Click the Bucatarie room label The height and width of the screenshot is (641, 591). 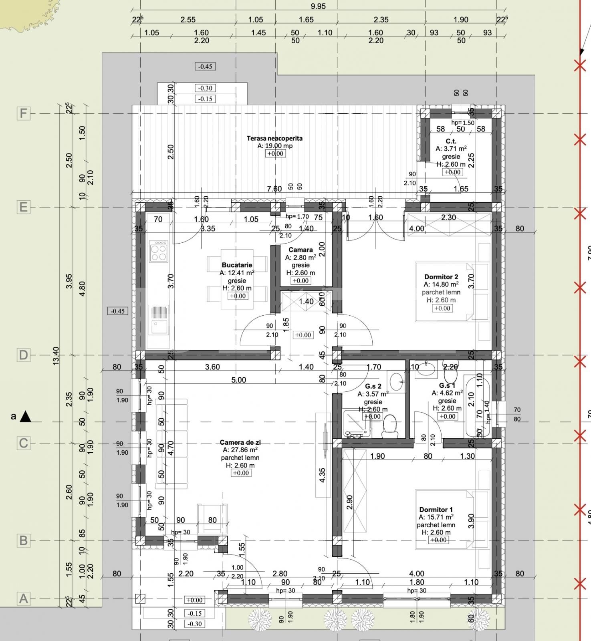coord(237,265)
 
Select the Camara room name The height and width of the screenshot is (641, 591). coord(301,250)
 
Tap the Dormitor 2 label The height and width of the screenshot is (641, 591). coord(441,277)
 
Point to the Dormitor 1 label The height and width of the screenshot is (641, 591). coord(436,510)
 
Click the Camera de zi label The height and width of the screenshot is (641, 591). coord(240,442)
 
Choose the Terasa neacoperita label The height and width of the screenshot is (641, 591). coord(274,138)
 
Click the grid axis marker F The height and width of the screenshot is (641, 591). coord(24,113)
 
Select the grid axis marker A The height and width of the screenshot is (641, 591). coord(24,599)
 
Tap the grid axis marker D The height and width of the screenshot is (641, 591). coord(24,355)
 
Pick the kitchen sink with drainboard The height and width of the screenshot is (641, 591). coord(158,320)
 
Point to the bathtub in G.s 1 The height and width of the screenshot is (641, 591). coord(475,405)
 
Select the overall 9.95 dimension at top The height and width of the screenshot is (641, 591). coord(318,6)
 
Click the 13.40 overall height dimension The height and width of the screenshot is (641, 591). coord(56,355)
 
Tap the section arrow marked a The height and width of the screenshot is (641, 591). coord(25,417)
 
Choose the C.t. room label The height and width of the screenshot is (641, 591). coord(451,141)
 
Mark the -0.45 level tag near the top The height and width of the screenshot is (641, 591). coord(205,67)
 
